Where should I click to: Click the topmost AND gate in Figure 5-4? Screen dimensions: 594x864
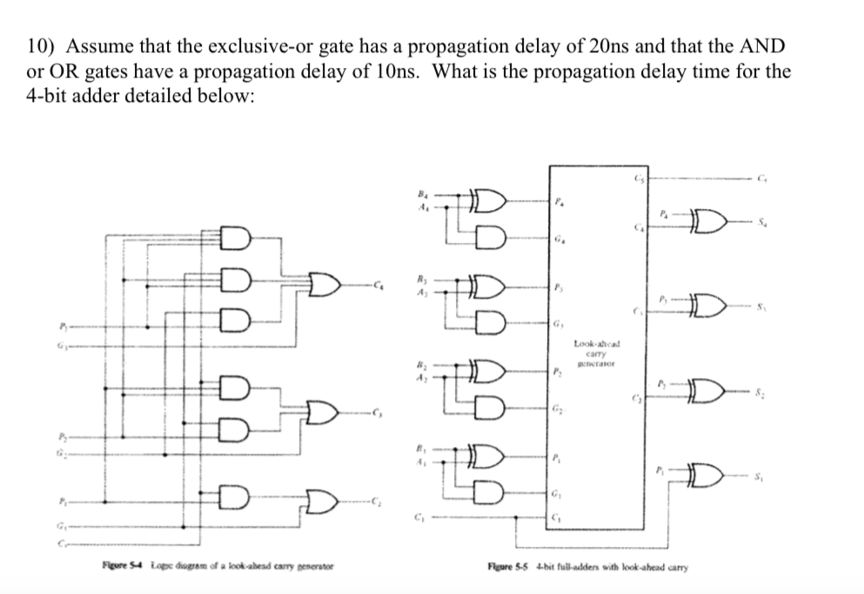click(235, 235)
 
